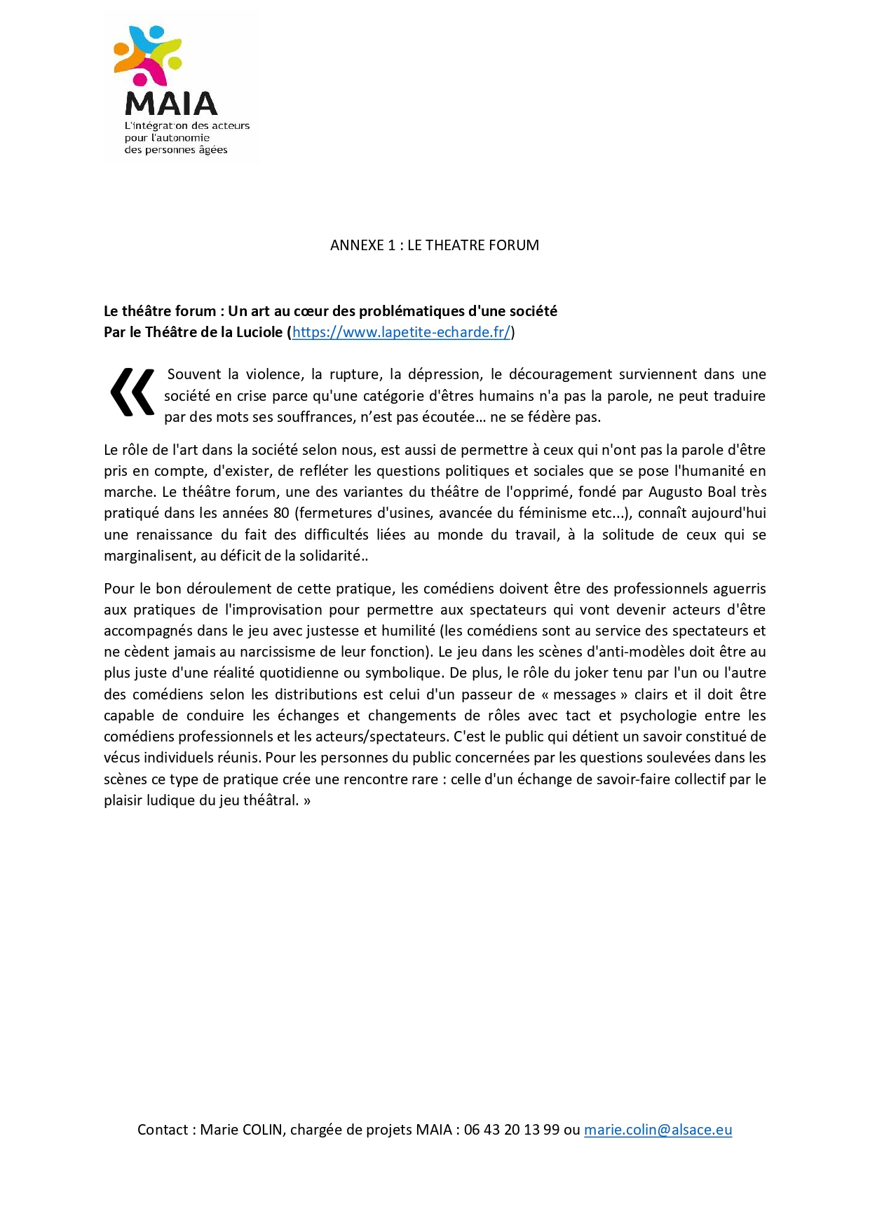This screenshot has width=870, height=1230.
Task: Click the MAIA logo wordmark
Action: (x=171, y=104)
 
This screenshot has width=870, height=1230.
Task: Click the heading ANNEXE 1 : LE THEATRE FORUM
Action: (x=435, y=245)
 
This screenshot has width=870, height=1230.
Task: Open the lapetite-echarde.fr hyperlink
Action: (x=401, y=332)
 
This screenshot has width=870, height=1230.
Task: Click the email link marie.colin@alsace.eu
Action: (x=658, y=1129)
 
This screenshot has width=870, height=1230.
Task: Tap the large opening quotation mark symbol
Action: (x=132, y=392)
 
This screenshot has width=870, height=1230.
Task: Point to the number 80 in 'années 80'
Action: (x=281, y=513)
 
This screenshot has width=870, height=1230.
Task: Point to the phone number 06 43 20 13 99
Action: (x=511, y=1129)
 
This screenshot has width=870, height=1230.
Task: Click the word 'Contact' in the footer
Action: (x=163, y=1129)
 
